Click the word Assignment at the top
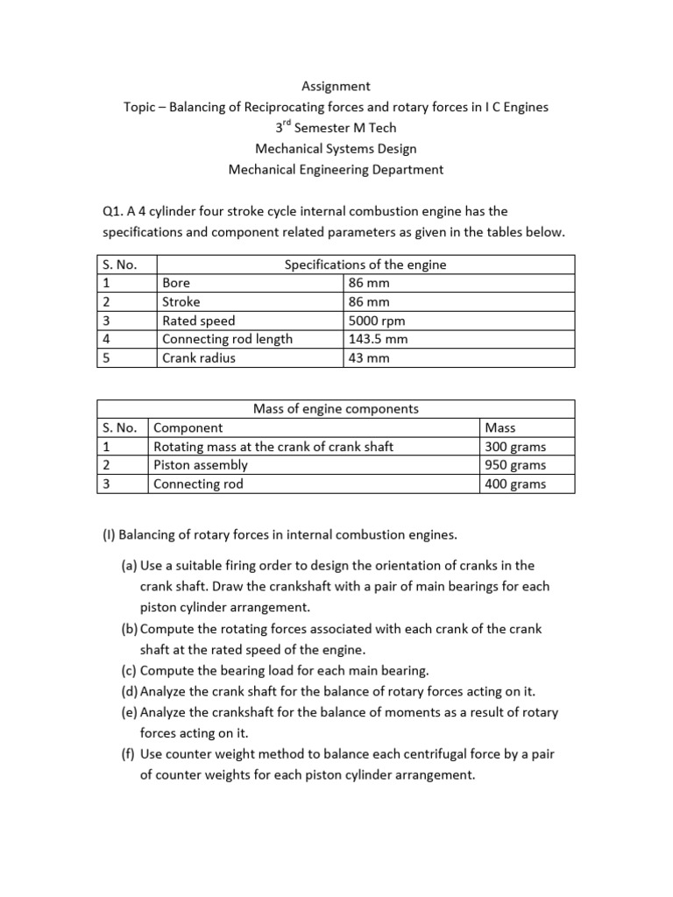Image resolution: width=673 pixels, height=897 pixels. click(x=336, y=86)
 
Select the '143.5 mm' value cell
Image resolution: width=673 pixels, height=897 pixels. click(x=379, y=339)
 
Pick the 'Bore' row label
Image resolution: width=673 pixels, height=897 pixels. click(x=176, y=283)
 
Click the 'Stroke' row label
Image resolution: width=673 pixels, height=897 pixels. click(x=181, y=302)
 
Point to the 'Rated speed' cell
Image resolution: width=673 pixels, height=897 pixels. click(x=199, y=321)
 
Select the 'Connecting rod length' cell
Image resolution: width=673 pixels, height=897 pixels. click(x=228, y=339)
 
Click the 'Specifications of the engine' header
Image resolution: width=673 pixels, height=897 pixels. click(x=365, y=265)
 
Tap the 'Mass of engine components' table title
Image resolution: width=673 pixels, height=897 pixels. click(x=336, y=408)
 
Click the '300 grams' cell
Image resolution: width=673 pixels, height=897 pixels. click(x=515, y=447)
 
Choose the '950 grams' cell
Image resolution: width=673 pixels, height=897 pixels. click(x=515, y=465)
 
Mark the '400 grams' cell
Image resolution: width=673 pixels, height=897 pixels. click(x=515, y=484)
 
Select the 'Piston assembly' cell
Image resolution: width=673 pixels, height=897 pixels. click(x=201, y=465)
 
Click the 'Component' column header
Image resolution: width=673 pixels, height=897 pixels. click(x=188, y=427)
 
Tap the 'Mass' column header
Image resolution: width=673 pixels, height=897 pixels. click(x=499, y=427)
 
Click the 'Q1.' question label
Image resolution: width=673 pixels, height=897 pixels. click(x=115, y=211)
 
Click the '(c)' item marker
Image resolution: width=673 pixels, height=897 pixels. click(x=130, y=671)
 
